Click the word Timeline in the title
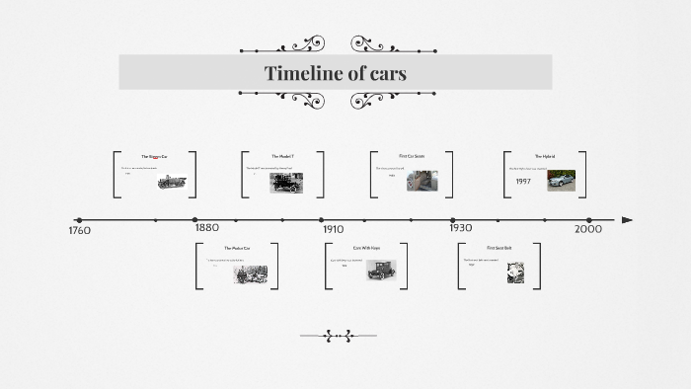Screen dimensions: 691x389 coord(301,73)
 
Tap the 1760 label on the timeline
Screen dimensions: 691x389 coord(79,231)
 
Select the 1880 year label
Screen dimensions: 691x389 coord(206,227)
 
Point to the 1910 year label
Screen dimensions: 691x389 coord(333,229)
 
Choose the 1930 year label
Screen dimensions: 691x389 coord(460,228)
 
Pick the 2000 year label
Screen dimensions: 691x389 coord(588,229)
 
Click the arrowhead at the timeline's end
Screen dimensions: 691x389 coord(627,220)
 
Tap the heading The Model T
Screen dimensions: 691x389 coord(282,156)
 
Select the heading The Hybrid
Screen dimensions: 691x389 coord(545,156)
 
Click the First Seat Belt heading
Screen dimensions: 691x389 coord(499,247)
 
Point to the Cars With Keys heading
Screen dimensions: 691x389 coord(366,247)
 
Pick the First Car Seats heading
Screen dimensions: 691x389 coord(412,156)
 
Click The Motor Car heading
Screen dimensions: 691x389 coord(237,248)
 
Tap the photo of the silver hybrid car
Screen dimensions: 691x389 coord(561,179)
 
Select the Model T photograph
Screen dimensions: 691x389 coord(286,182)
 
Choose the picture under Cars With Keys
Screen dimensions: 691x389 coord(380,270)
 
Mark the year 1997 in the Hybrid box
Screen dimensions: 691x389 coord(523,182)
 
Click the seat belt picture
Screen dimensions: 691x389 coord(515,272)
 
